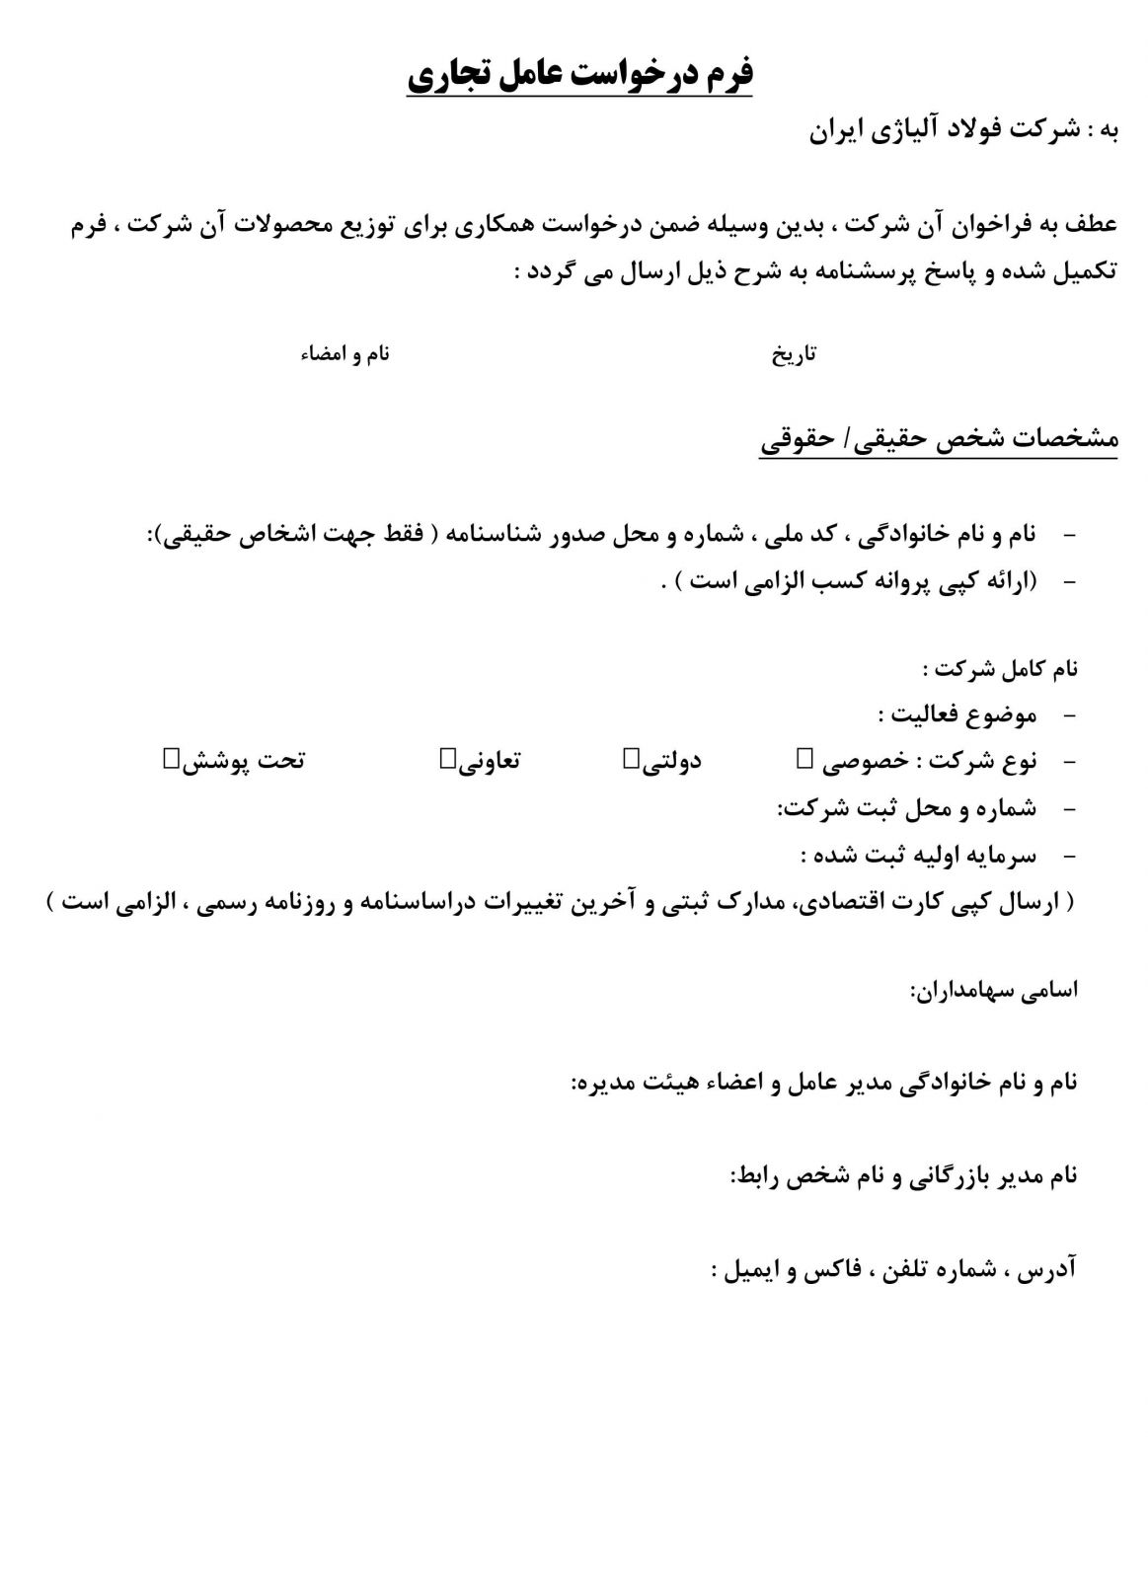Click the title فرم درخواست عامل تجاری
tap(580, 76)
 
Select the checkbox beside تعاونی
tap(447, 758)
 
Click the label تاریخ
tap(794, 354)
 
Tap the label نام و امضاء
tap(344, 354)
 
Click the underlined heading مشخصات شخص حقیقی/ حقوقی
tap(939, 440)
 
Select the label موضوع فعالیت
tap(957, 714)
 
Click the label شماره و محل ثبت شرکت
tap(906, 808)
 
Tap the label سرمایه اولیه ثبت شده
tap(918, 855)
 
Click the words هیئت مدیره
tap(639, 1083)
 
